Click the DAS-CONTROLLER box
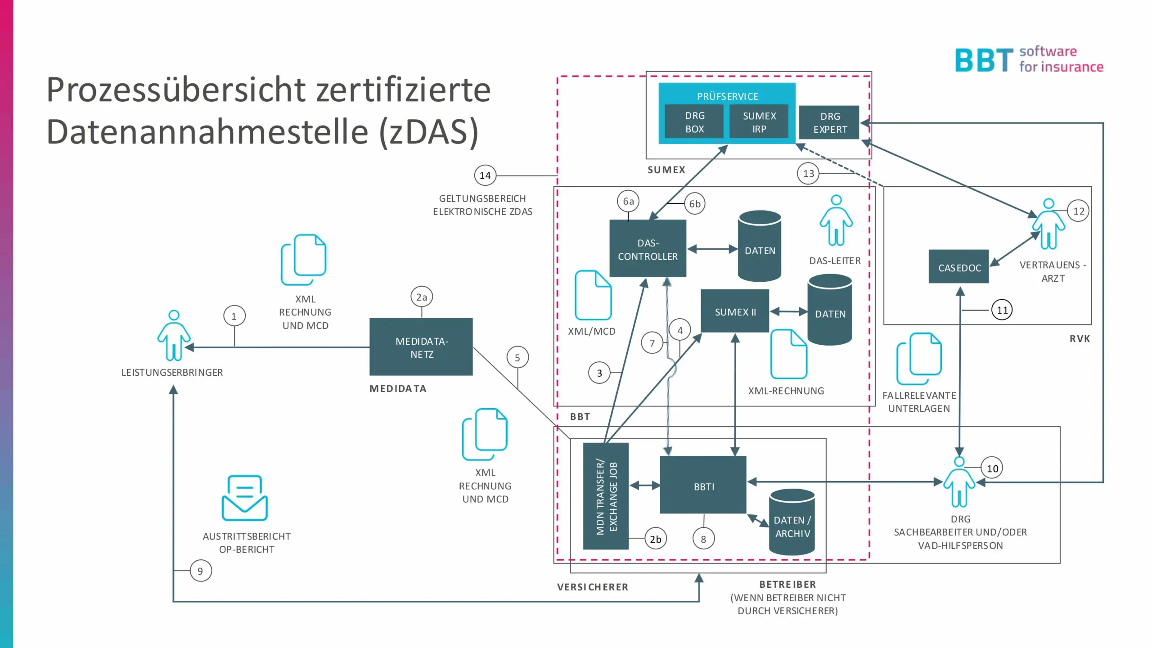(x=648, y=248)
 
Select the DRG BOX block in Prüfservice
(x=694, y=122)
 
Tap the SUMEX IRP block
(x=759, y=122)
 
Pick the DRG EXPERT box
(x=829, y=122)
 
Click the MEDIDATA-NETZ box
(x=421, y=347)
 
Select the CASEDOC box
(x=959, y=267)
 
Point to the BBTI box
(x=703, y=485)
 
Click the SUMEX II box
(x=735, y=311)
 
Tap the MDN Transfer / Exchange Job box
(x=606, y=496)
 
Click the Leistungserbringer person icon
(x=174, y=336)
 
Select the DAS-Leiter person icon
(x=836, y=220)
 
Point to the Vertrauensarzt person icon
(x=1048, y=224)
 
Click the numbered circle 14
(x=485, y=175)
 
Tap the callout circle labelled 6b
(x=695, y=204)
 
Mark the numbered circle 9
(x=200, y=571)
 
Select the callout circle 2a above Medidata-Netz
(x=422, y=297)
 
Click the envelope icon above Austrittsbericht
(x=245, y=498)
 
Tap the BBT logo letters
(x=984, y=60)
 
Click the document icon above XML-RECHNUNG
(x=789, y=354)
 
